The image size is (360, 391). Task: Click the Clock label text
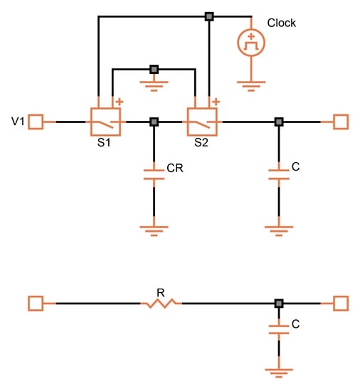pyautogui.click(x=282, y=23)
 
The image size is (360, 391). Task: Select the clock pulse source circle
pyautogui.click(x=251, y=43)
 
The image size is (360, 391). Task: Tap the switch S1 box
pyautogui.click(x=105, y=122)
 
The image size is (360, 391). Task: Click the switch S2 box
pyautogui.click(x=202, y=122)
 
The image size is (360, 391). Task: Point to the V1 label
pyautogui.click(x=18, y=122)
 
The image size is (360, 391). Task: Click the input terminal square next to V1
pyautogui.click(x=36, y=122)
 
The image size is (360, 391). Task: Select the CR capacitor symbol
pyautogui.click(x=154, y=175)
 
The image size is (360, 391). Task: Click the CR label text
pyautogui.click(x=175, y=168)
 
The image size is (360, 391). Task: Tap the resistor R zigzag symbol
pyautogui.click(x=162, y=304)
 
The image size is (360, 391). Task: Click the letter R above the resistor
pyautogui.click(x=161, y=293)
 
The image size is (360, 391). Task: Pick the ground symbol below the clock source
pyautogui.click(x=251, y=86)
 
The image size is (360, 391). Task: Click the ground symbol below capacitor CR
pyautogui.click(x=154, y=231)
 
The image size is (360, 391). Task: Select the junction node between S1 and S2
pyautogui.click(x=154, y=122)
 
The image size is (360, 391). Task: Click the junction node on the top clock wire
pyautogui.click(x=209, y=17)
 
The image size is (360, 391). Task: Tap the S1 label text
pyautogui.click(x=104, y=143)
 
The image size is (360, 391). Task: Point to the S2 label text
pyautogui.click(x=201, y=143)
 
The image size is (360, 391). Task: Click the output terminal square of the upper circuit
pyautogui.click(x=341, y=122)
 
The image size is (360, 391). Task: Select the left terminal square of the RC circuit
pyautogui.click(x=36, y=304)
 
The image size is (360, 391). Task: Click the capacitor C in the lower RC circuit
pyautogui.click(x=279, y=329)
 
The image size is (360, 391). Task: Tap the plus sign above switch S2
pyautogui.click(x=216, y=102)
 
